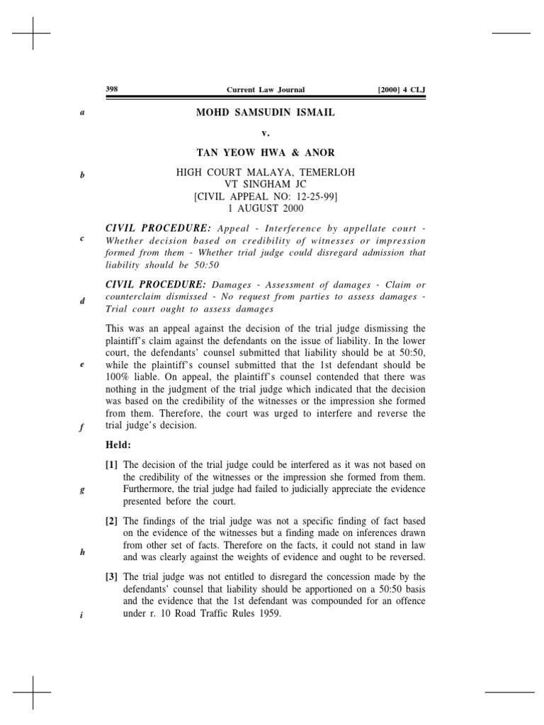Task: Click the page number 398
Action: (x=111, y=89)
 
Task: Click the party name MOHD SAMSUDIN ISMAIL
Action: (x=266, y=112)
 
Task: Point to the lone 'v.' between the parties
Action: (x=266, y=132)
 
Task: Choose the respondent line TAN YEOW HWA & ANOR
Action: (x=266, y=152)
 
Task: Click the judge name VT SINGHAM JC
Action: (x=266, y=185)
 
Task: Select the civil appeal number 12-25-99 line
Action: (x=266, y=197)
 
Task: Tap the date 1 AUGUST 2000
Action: (x=266, y=209)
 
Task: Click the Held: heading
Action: (x=118, y=445)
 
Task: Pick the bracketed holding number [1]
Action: (x=112, y=464)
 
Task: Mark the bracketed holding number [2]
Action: (x=112, y=521)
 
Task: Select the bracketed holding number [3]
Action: (x=112, y=576)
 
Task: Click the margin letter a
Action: (x=82, y=112)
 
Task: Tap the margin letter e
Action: (x=82, y=365)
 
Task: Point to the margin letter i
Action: (x=82, y=615)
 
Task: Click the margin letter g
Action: (x=82, y=490)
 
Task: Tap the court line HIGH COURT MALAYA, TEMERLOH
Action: (x=266, y=172)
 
